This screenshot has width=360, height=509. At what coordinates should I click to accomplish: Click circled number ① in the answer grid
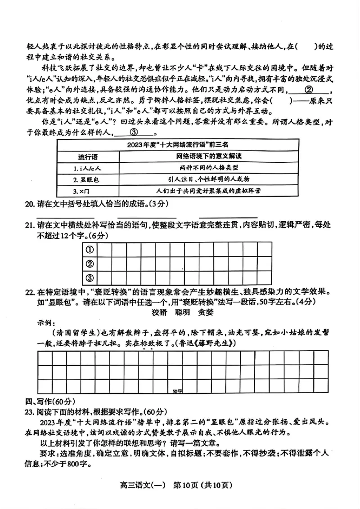point(90,249)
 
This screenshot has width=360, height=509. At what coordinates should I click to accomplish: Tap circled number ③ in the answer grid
point(90,277)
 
